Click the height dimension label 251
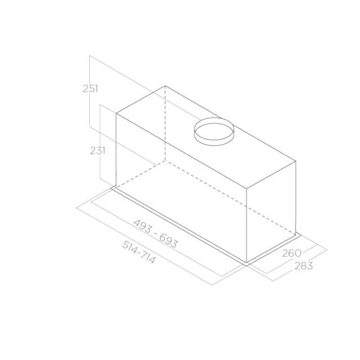90,89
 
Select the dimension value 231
98,150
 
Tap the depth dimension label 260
291,253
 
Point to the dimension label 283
303,266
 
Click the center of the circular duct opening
214,131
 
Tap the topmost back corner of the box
165,86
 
